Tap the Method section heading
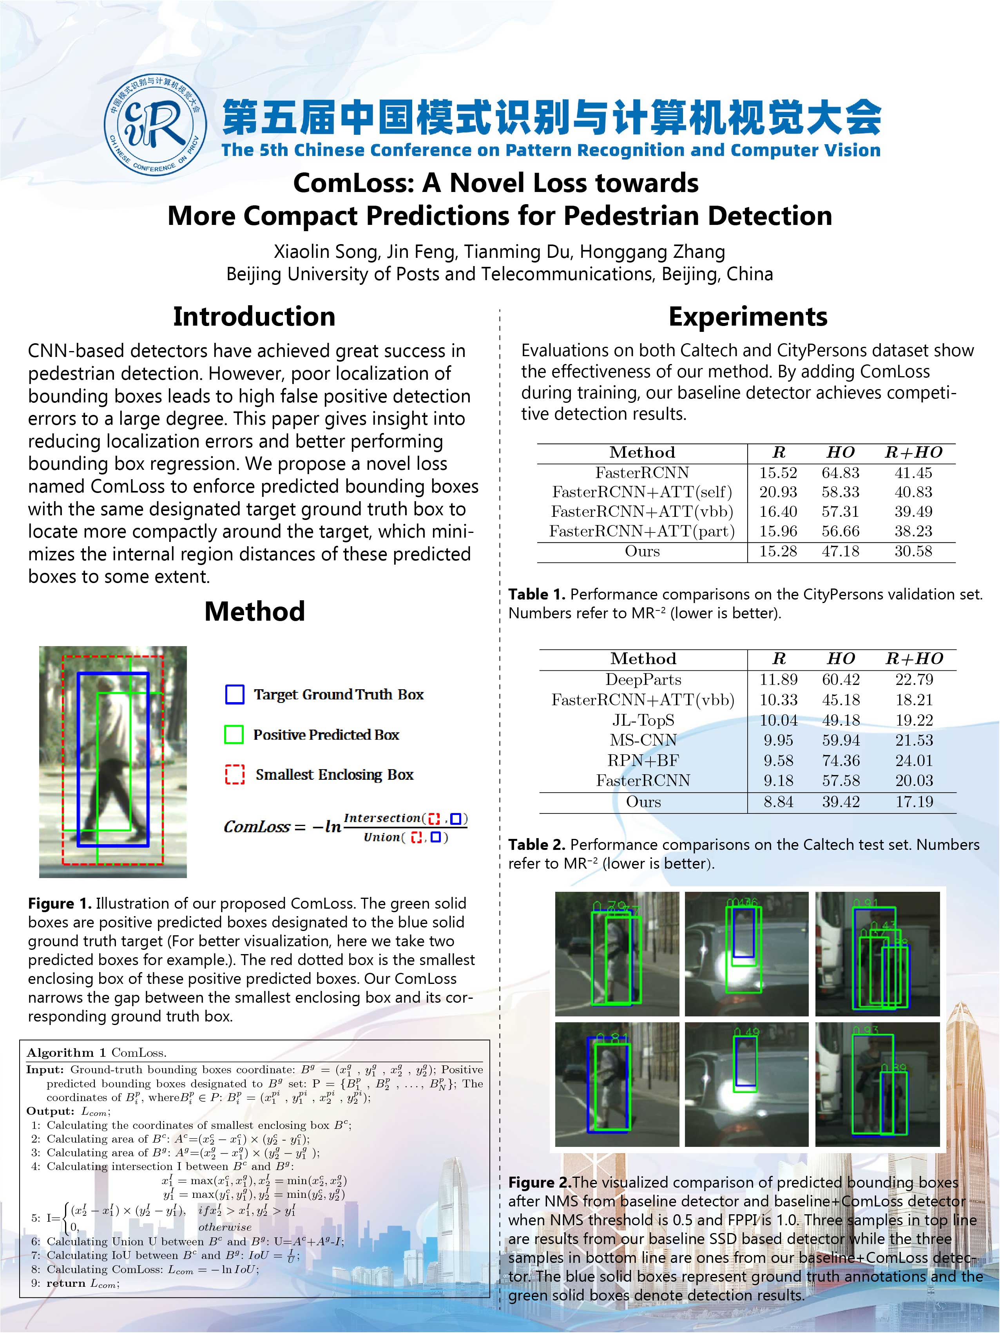click(x=254, y=612)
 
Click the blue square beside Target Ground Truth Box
click(x=234, y=694)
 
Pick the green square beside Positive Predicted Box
click(x=234, y=735)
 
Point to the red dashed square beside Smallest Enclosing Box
click(x=234, y=774)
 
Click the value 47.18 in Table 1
click(x=840, y=551)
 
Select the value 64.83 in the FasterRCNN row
click(x=840, y=473)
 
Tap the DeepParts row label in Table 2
click(x=643, y=680)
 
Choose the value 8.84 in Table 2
click(x=778, y=802)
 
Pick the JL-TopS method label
click(x=643, y=720)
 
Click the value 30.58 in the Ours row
click(x=913, y=551)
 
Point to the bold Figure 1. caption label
click(x=60, y=903)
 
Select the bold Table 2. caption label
click(x=536, y=845)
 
